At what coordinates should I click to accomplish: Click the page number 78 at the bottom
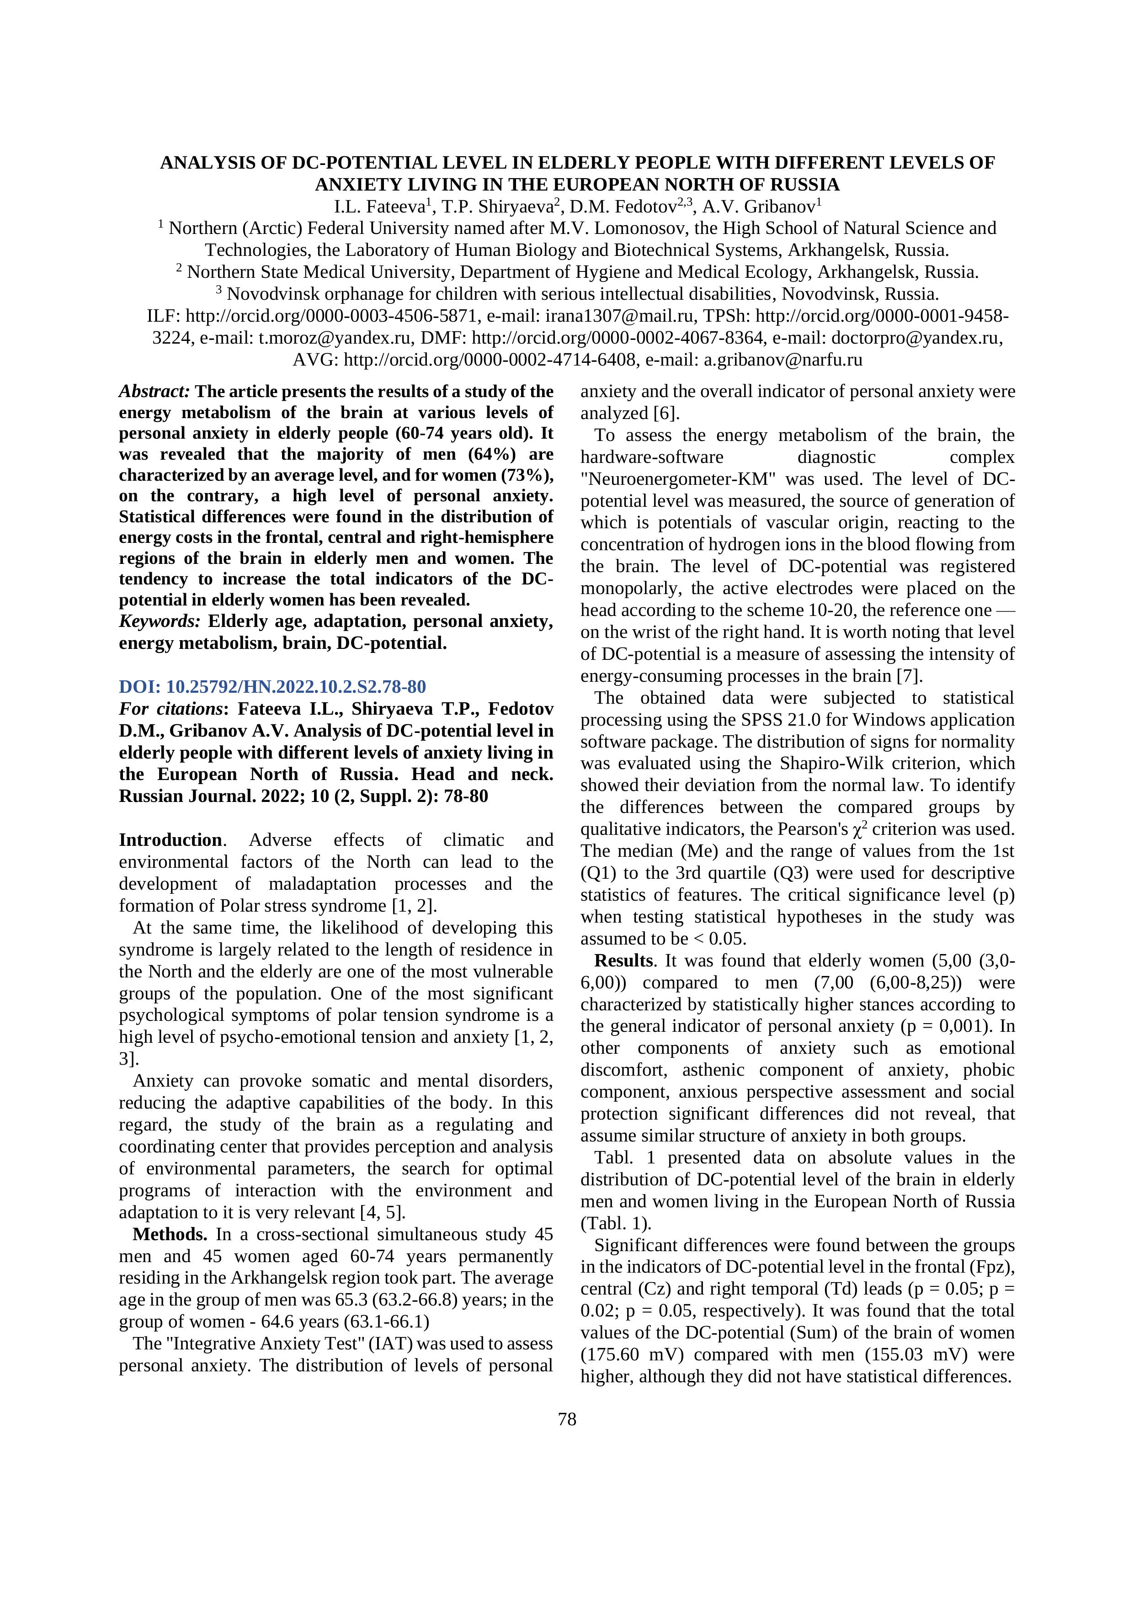point(567,1419)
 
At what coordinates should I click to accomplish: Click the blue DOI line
point(272,686)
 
